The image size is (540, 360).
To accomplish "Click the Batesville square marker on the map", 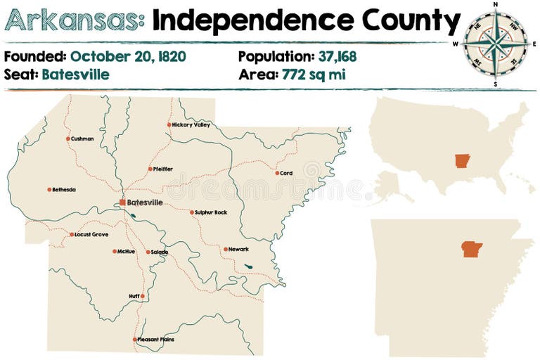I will (122, 202).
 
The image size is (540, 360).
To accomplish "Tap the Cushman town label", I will (82, 139).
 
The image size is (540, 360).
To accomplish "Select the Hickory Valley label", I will (191, 125).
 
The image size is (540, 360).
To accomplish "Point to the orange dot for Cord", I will (276, 172).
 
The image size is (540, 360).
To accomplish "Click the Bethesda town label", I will (64, 190).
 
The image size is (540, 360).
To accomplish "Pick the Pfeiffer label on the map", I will (163, 169).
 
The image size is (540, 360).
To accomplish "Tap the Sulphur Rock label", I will (211, 212).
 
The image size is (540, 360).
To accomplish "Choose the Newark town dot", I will (225, 249).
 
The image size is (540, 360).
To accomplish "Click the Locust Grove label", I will (91, 234).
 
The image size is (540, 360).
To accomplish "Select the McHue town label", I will (127, 251).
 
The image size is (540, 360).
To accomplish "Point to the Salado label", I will (160, 252).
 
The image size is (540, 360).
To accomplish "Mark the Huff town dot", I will (142, 296).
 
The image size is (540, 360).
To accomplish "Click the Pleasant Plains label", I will (156, 340).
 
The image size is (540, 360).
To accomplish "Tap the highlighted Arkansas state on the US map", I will (461, 160).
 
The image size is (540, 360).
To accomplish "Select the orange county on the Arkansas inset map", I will (471, 249).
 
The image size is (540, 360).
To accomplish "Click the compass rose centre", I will (496, 44).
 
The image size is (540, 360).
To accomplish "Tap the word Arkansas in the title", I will (74, 21).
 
